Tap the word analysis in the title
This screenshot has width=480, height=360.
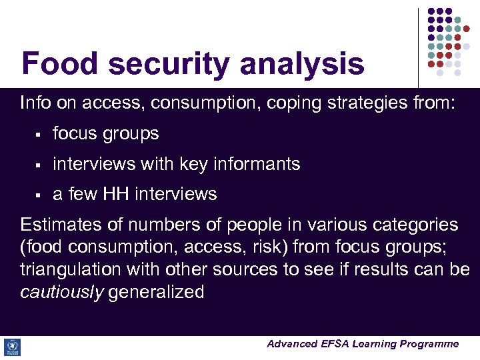(302, 65)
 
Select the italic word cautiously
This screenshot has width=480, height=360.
(62, 292)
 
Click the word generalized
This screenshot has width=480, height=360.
(157, 292)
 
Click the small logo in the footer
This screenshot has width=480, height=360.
(12, 347)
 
